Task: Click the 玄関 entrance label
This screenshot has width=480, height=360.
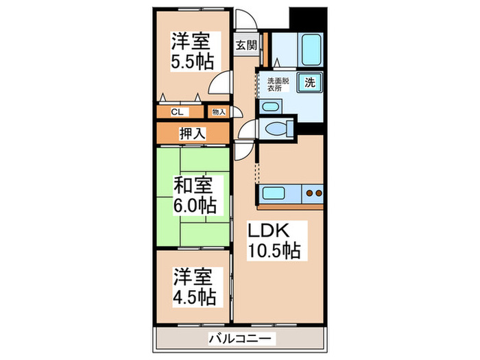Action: [247, 45]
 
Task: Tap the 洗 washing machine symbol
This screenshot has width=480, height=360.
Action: [310, 83]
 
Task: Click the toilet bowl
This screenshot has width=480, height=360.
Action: [276, 128]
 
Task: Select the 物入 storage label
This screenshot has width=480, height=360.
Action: [218, 112]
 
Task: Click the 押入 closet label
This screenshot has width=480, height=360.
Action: [191, 134]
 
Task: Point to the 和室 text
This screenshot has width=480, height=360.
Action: [191, 184]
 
